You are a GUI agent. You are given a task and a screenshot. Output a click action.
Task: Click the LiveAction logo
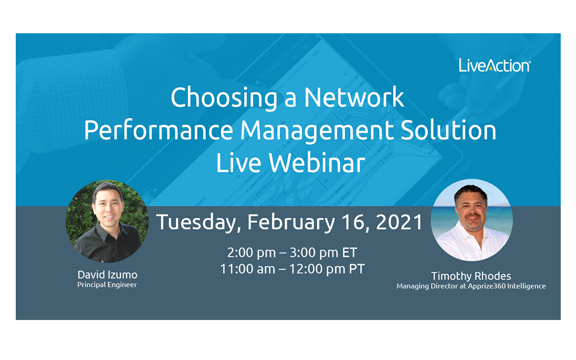click(x=494, y=65)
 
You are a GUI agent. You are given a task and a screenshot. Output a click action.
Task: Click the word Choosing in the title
click(x=224, y=98)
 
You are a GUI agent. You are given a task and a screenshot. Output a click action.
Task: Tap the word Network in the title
click(x=354, y=97)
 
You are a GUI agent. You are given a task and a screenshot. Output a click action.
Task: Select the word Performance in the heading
click(x=158, y=130)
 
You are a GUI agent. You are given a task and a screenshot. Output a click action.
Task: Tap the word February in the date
click(x=291, y=223)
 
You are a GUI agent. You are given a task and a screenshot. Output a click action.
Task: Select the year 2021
click(x=399, y=222)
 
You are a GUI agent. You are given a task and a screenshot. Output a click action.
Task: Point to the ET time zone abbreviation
click(x=349, y=253)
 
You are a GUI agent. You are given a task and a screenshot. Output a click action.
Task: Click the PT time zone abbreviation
click(x=356, y=269)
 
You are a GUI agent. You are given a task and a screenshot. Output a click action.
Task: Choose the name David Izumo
click(x=107, y=274)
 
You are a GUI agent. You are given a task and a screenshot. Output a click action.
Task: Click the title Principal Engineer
click(x=107, y=285)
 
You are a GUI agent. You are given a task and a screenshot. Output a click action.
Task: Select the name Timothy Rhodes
click(x=471, y=276)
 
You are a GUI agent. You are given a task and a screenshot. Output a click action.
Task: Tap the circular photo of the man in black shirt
click(x=107, y=221)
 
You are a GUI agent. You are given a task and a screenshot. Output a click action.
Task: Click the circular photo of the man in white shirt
click(x=472, y=220)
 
